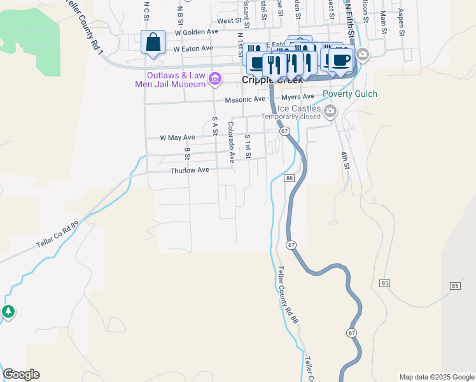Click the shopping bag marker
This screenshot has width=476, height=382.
(x=153, y=43)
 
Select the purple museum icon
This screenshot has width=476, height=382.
(x=215, y=79)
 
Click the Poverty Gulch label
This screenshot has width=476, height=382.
(x=349, y=94)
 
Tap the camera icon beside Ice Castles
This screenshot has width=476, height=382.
(x=330, y=112)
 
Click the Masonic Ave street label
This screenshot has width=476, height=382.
(x=245, y=99)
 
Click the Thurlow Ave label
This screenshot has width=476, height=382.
(x=189, y=171)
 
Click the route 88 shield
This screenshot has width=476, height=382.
(x=289, y=178)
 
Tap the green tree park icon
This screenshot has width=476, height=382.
(x=8, y=312)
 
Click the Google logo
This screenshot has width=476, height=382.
(x=21, y=374)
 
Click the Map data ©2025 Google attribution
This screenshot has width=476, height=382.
(x=436, y=377)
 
